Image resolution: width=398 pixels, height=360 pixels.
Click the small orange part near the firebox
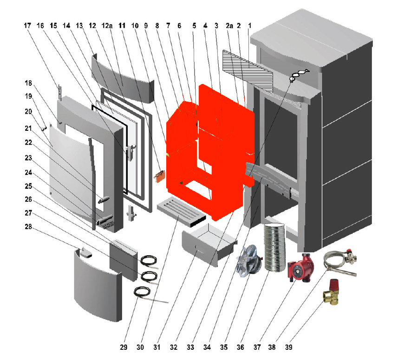[x=161, y=176]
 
